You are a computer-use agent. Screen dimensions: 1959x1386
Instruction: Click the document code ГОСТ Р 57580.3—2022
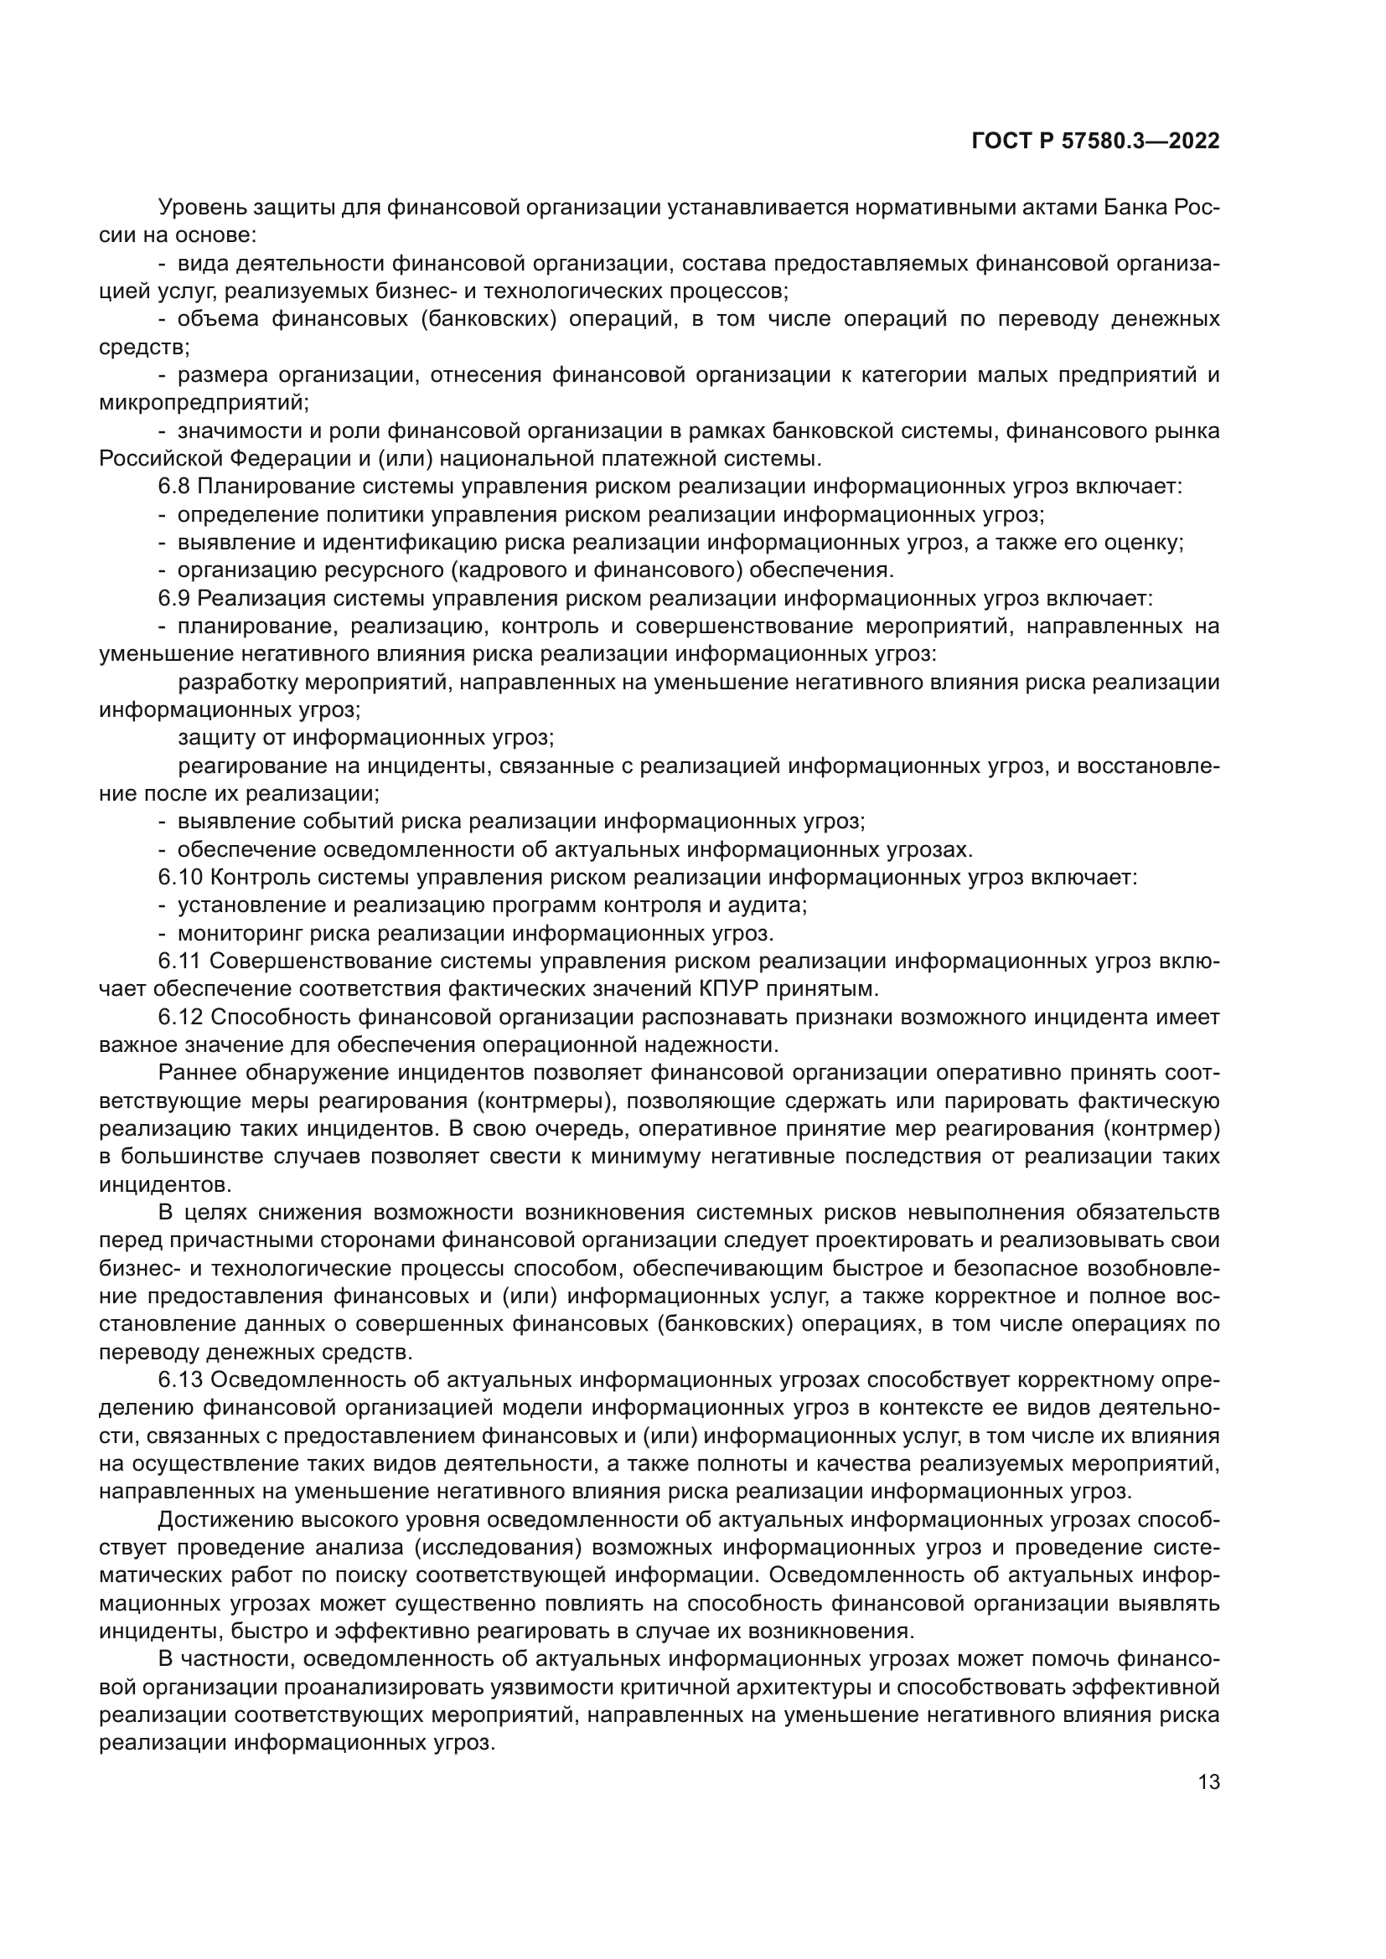[x=1095, y=142]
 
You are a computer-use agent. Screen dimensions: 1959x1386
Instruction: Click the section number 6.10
[x=180, y=878]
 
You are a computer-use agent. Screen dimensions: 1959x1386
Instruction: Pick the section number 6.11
[x=179, y=961]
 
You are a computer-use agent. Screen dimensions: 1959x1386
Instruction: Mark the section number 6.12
[x=180, y=1018]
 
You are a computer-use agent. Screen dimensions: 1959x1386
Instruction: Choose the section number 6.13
[x=180, y=1380]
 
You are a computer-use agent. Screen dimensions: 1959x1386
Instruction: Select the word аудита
[x=773, y=905]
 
